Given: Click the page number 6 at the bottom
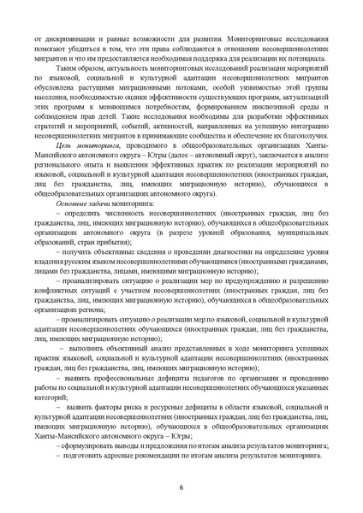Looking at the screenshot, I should pyautogui.click(x=181, y=486).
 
